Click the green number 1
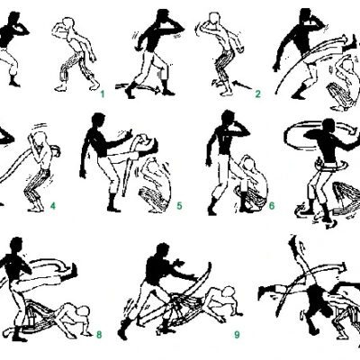point(103,94)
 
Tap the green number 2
point(257,94)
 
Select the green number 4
point(53,206)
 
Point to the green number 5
point(179,206)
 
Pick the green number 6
point(272,206)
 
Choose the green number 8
point(99,335)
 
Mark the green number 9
point(237,335)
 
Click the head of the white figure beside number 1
point(69,24)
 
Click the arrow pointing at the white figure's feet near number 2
point(242,85)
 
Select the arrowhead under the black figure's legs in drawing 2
point(157,89)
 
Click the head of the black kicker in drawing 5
point(98,121)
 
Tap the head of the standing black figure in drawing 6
point(228,118)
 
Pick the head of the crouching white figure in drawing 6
point(248,163)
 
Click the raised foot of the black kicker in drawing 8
point(73,271)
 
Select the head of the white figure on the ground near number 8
point(83,311)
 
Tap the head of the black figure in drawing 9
point(163,251)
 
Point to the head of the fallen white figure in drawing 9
point(229,292)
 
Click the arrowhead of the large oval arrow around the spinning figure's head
point(354,130)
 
